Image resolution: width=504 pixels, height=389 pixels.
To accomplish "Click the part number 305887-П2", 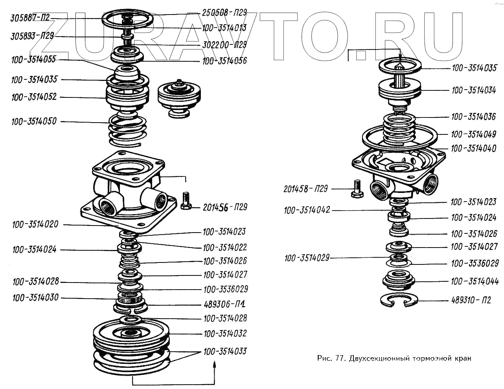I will [x=30, y=18].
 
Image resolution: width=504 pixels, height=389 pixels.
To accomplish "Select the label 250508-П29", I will [x=224, y=12].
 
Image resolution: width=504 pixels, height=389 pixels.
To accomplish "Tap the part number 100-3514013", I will [x=224, y=28].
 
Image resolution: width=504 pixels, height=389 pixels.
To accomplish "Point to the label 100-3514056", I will [x=224, y=61].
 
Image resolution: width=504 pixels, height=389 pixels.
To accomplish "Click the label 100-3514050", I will [x=34, y=121].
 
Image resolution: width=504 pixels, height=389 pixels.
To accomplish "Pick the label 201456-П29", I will [x=225, y=207].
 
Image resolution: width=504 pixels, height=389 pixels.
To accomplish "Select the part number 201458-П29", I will [x=305, y=189].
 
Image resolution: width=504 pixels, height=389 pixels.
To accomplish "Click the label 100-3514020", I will [x=35, y=225].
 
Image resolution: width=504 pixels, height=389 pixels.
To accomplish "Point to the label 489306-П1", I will [x=225, y=304].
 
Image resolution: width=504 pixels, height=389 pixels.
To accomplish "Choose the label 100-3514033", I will [x=225, y=351].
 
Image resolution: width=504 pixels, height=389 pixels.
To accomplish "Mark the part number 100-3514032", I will [x=225, y=334].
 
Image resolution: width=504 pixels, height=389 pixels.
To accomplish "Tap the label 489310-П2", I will [x=471, y=300].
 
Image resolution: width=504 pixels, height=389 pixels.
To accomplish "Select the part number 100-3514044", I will [x=475, y=281].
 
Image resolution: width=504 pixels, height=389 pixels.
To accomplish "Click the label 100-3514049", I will [x=473, y=134].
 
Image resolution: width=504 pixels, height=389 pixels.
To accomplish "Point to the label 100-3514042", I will [x=307, y=210].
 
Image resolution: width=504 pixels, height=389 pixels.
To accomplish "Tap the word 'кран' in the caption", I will [x=462, y=358].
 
